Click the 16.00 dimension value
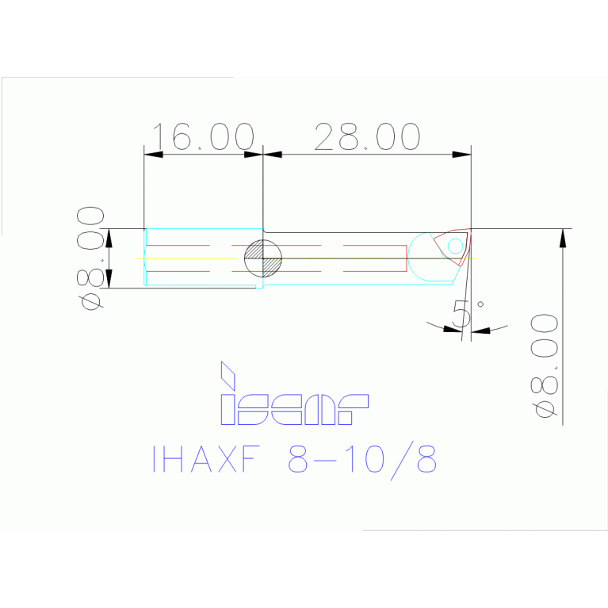tap(203, 136)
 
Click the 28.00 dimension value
tap(367, 136)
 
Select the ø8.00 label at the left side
tap(92, 258)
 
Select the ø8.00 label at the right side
tap(545, 365)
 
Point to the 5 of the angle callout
tap(461, 314)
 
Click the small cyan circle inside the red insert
tap(455, 247)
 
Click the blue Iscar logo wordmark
tap(294, 407)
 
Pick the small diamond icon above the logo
tap(228, 373)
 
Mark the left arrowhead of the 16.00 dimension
tap(153, 154)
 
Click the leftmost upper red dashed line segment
tap(178, 246)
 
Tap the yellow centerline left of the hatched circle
tap(190, 258)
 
